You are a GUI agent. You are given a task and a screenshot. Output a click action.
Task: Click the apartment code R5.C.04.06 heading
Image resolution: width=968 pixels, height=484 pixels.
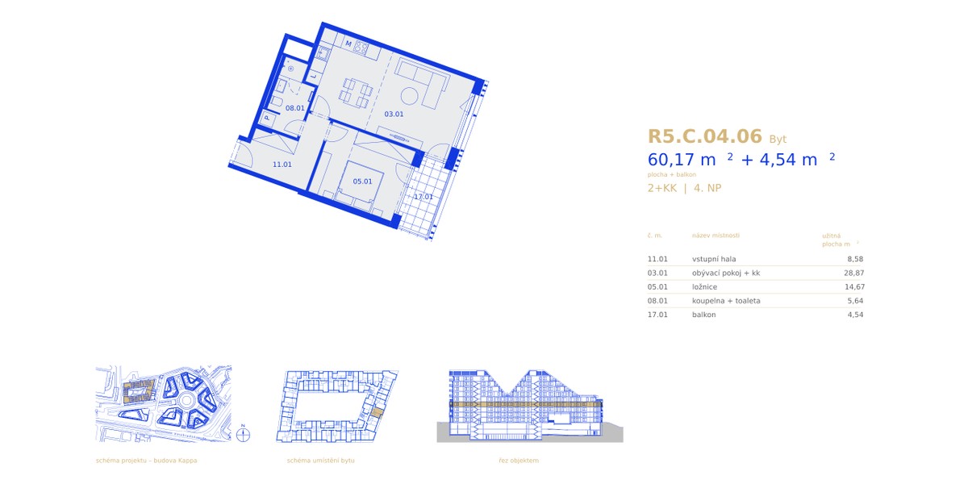(704, 136)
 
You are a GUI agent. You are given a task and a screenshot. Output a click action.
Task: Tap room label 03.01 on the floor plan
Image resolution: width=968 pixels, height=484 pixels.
(394, 114)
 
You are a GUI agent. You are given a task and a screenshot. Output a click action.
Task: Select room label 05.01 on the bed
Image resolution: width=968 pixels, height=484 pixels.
(362, 181)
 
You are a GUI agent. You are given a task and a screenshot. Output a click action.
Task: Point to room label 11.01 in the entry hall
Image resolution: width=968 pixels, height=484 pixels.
(282, 165)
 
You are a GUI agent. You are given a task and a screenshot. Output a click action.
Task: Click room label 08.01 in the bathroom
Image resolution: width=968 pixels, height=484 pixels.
(294, 108)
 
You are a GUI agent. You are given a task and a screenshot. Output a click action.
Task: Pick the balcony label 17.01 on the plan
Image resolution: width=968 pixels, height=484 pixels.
(423, 197)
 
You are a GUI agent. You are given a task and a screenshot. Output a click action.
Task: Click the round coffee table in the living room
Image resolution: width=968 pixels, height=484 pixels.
(409, 96)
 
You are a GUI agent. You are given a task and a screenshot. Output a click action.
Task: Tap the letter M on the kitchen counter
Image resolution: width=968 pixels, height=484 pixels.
(348, 44)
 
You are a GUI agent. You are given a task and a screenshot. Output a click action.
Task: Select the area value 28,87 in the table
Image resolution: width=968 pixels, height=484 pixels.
(854, 273)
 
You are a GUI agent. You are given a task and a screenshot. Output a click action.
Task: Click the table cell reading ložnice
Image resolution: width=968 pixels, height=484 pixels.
(704, 287)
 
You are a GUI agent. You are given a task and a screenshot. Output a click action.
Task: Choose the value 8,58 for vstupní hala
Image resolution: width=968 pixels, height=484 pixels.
(855, 259)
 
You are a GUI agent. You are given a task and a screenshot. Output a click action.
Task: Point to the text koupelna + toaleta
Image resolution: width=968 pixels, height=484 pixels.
(726, 301)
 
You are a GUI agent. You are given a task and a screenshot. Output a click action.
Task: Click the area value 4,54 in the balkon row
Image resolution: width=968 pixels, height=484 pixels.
(855, 315)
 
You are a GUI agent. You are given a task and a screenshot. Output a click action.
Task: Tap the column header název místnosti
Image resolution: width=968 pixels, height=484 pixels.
(716, 236)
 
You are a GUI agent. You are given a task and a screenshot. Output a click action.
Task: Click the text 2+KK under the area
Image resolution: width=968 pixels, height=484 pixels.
(662, 188)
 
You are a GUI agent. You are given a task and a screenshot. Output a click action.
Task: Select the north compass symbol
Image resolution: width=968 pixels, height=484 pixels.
(244, 434)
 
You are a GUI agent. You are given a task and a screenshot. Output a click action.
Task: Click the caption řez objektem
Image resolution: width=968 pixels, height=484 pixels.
(519, 461)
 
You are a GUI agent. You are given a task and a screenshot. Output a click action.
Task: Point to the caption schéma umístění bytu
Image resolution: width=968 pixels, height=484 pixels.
(321, 461)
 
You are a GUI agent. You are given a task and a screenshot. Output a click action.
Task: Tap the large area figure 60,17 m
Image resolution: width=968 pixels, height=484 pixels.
(682, 160)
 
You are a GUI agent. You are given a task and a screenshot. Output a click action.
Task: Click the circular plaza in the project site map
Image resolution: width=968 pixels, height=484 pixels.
(186, 401)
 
